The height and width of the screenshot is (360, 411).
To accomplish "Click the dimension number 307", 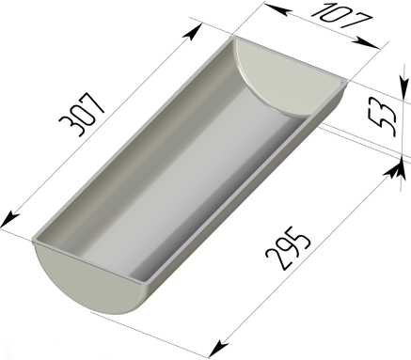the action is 82,114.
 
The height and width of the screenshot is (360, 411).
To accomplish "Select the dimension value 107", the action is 342,16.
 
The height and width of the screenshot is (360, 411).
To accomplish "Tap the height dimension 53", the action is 383,119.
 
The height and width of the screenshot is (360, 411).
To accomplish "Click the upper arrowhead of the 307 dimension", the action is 194,32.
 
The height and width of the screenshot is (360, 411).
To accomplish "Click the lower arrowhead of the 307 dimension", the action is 9,220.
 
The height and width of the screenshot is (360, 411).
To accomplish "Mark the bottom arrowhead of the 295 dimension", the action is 218,349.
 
